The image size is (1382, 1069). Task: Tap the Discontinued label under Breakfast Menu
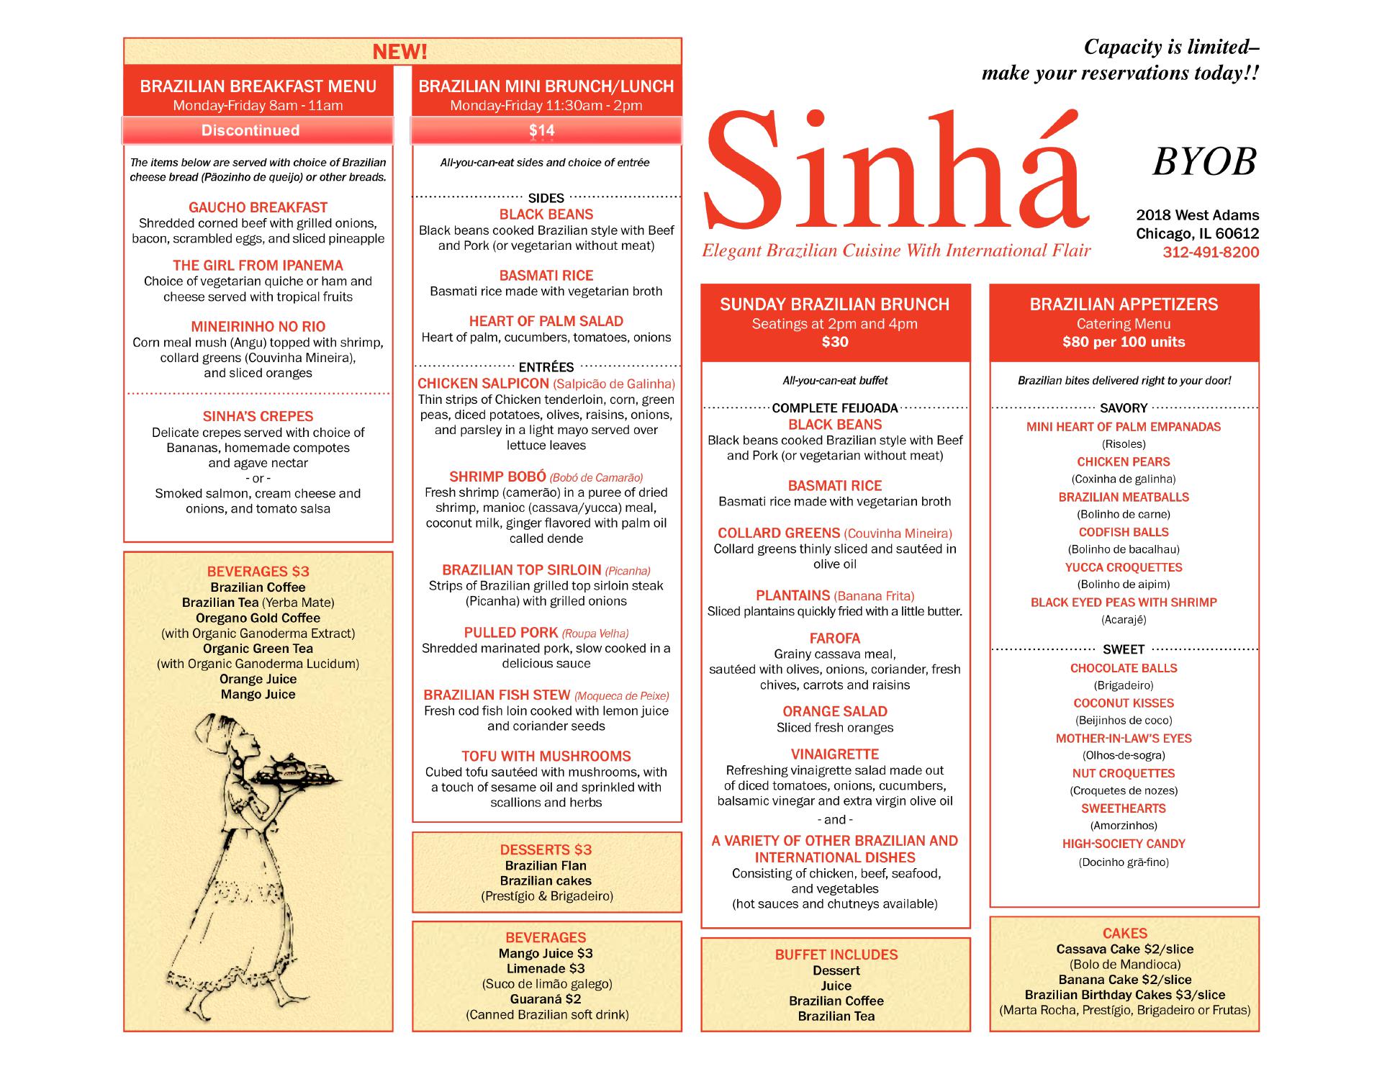tap(250, 130)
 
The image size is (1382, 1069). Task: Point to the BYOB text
tap(1203, 162)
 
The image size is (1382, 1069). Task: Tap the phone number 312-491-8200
tap(1211, 252)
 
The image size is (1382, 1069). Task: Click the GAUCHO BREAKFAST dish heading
tap(258, 207)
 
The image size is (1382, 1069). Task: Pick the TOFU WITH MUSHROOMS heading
tap(546, 756)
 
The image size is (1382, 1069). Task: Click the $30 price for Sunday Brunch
tap(834, 342)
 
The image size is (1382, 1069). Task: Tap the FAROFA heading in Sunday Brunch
tap(834, 638)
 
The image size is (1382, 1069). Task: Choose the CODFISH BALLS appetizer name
tap(1123, 532)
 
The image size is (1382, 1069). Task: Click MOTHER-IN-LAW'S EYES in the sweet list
tap(1123, 738)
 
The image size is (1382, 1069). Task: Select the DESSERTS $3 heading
tap(546, 849)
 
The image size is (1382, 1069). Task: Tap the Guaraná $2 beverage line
tap(546, 998)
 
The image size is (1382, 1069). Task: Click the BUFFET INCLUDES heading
tap(836, 955)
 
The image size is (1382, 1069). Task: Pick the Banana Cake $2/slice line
tap(1124, 980)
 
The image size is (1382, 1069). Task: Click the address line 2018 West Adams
tap(1197, 215)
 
